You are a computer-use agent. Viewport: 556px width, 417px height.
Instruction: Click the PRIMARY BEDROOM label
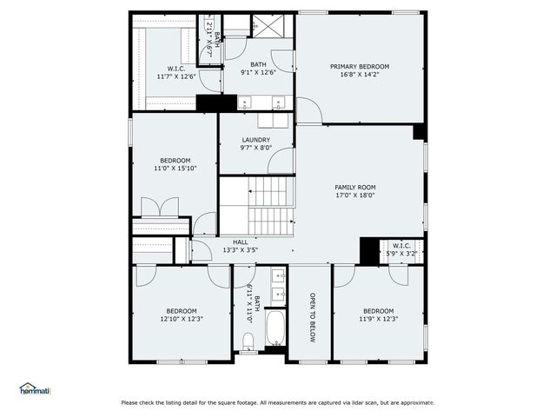360,66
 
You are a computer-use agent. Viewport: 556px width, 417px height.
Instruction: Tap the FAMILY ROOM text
355,187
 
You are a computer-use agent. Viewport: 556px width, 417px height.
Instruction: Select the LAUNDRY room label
255,139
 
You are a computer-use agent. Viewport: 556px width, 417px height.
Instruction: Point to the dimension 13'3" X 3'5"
241,250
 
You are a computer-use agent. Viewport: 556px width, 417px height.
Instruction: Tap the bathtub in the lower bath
275,330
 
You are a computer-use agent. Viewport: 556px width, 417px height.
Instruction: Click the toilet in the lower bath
248,340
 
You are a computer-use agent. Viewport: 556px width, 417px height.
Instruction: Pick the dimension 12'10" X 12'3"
182,319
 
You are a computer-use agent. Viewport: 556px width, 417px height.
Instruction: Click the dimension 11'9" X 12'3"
379,319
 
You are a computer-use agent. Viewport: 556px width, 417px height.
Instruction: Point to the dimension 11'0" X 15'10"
175,169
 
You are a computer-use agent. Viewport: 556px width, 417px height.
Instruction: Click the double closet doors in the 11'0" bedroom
159,208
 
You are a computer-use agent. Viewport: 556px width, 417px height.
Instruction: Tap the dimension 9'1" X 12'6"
259,72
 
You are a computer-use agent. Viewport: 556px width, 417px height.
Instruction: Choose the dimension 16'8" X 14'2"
360,75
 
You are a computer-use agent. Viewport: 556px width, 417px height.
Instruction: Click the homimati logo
35,389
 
